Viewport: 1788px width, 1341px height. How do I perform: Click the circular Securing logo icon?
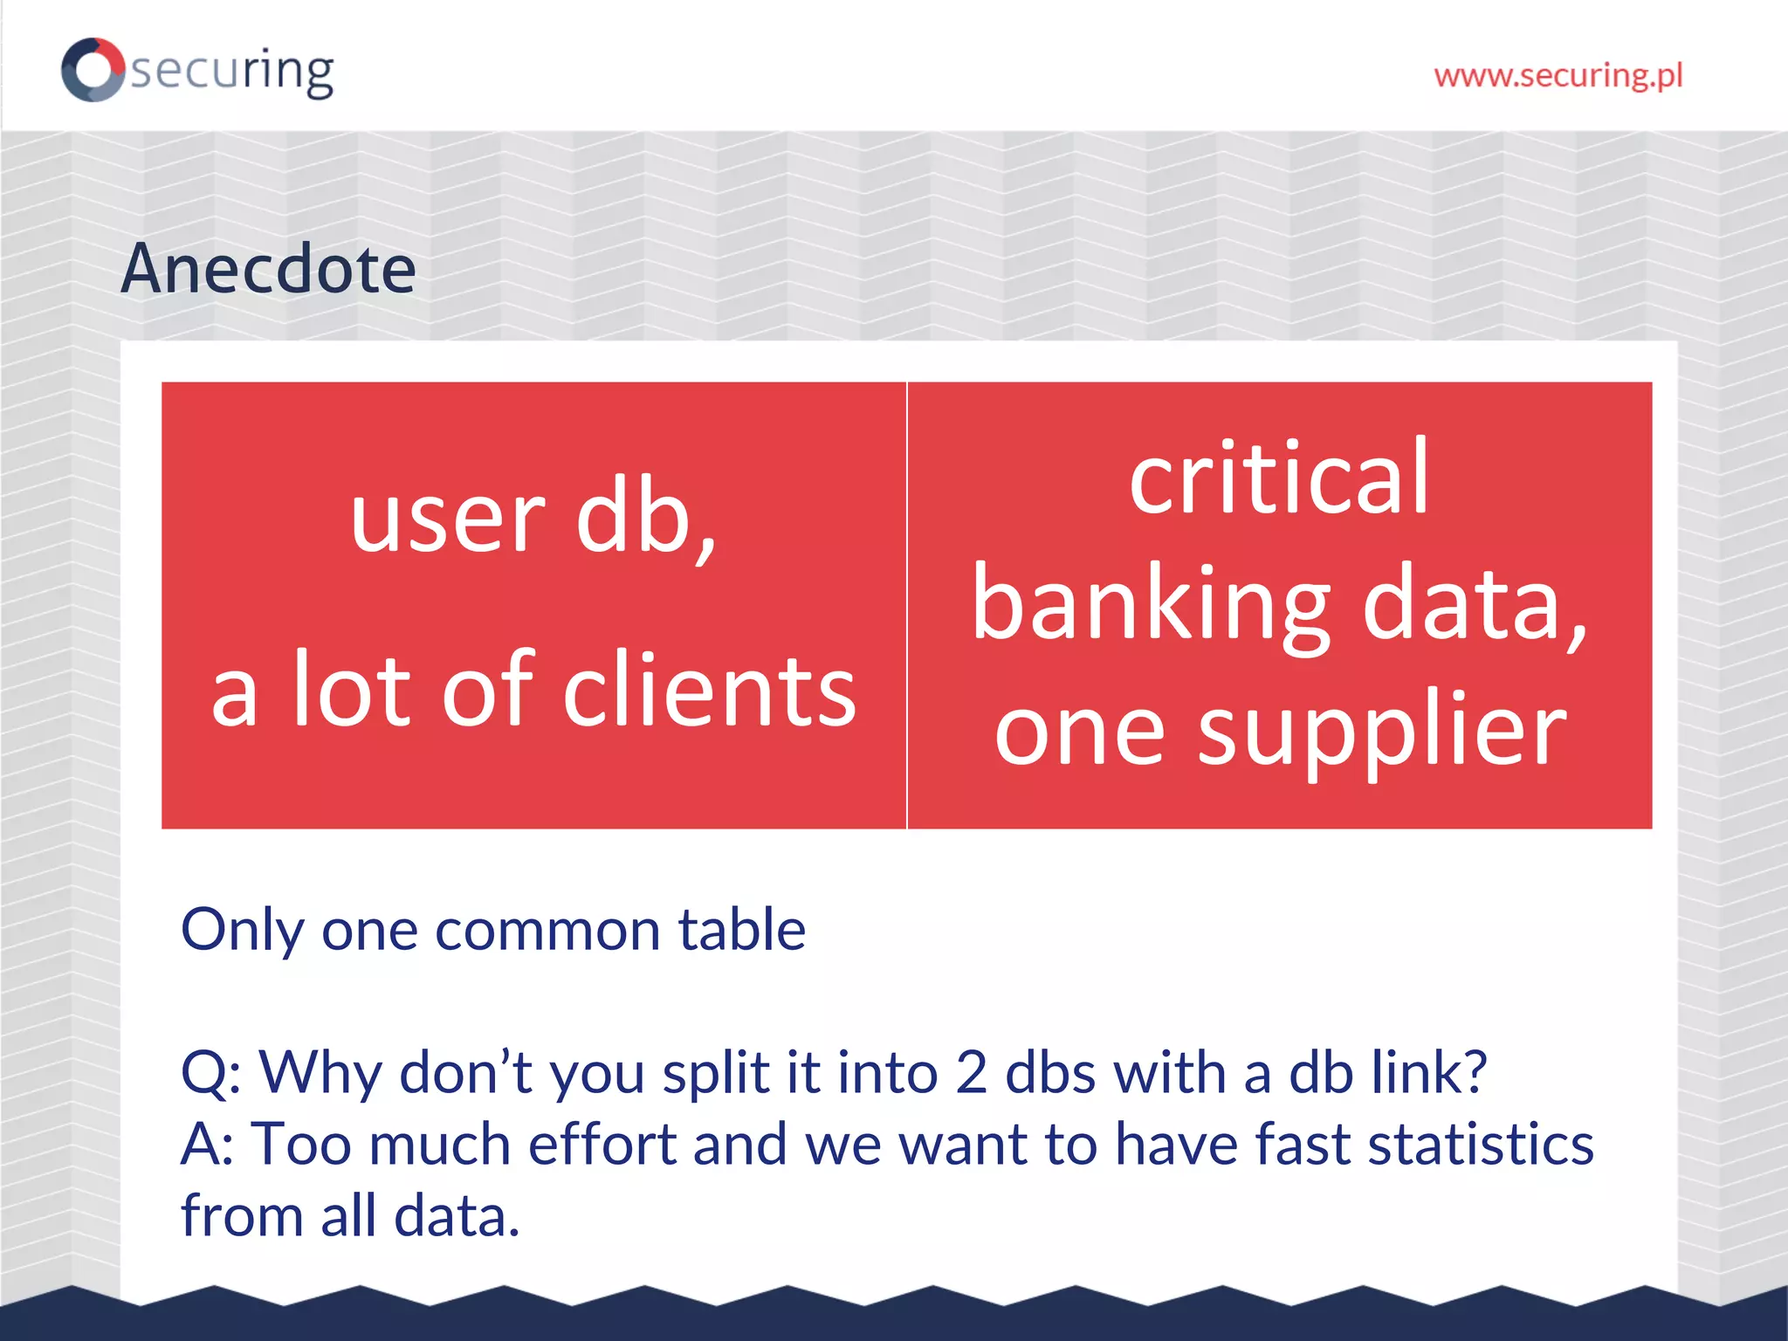93,70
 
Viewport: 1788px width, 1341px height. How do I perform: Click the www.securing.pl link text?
1558,76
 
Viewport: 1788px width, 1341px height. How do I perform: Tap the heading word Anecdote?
268,269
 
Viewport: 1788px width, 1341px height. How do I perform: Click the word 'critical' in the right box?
1279,478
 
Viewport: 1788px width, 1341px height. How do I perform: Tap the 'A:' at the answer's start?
207,1145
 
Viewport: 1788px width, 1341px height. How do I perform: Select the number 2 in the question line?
971,1073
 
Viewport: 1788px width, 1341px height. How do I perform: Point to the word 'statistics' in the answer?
1480,1145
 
